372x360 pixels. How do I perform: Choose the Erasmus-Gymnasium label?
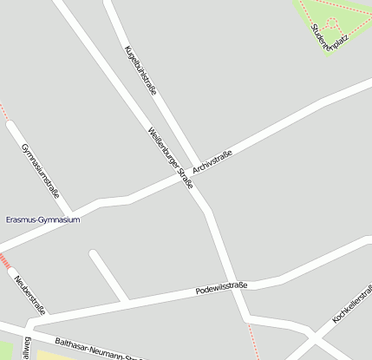(42, 219)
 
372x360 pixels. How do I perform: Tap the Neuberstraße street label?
(30, 296)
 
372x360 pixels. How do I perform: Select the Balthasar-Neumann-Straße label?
(95, 349)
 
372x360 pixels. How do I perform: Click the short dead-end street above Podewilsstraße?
(108, 275)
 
